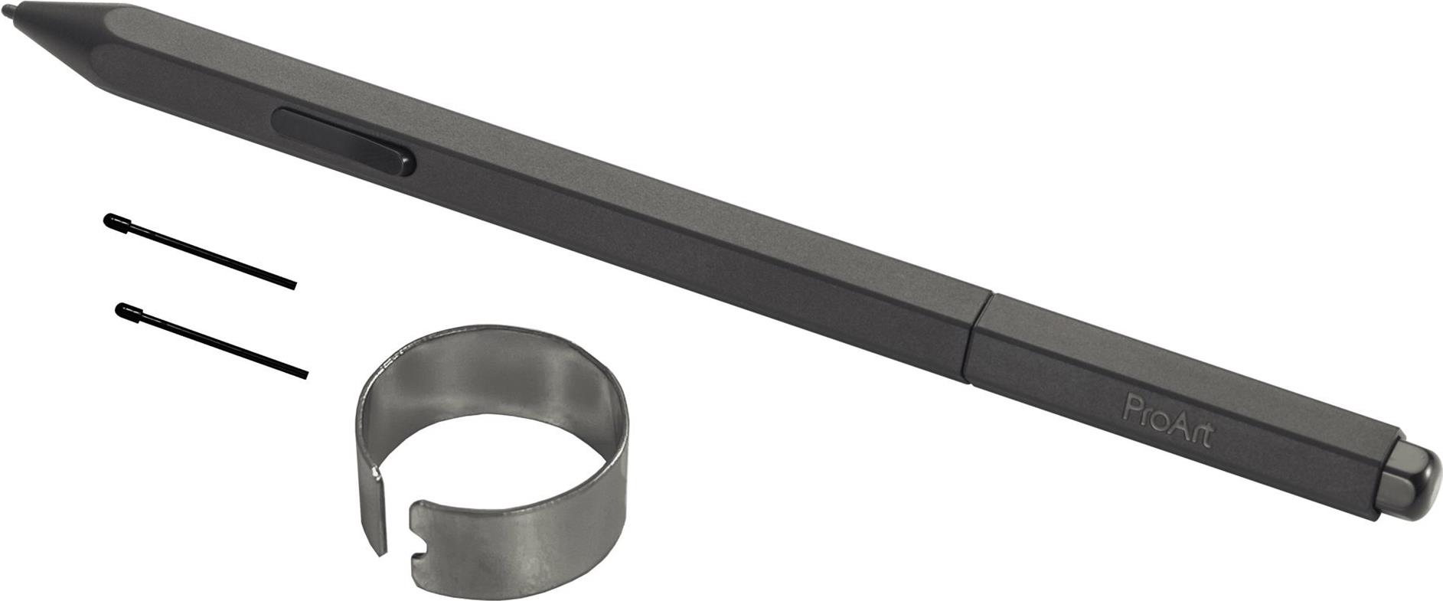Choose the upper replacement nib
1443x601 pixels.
click(200, 251)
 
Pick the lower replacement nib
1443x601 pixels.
click(211, 340)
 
